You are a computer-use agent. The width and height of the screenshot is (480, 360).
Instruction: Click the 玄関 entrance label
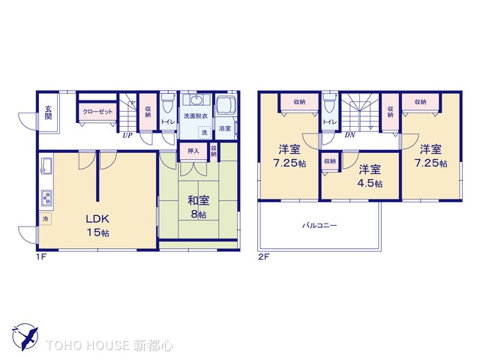click(x=47, y=112)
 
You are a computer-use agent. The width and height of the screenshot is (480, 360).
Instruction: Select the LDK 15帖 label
click(x=97, y=224)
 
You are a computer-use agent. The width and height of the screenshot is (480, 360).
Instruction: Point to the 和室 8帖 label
click(x=197, y=206)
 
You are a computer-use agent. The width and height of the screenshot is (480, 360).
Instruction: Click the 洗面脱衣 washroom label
click(x=196, y=117)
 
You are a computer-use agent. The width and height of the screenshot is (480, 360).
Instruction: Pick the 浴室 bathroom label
click(x=225, y=129)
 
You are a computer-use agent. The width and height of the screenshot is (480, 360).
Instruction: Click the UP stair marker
click(x=129, y=136)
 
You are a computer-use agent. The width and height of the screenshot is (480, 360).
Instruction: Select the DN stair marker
click(x=350, y=136)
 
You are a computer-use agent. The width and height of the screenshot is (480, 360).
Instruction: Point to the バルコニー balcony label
click(x=319, y=225)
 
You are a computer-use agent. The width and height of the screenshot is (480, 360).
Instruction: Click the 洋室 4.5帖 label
click(x=369, y=175)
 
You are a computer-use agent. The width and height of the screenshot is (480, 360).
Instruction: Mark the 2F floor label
click(x=263, y=257)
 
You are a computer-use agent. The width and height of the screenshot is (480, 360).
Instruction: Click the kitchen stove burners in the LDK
click(x=46, y=199)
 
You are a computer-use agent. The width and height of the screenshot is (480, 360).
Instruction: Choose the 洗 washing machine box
click(x=203, y=133)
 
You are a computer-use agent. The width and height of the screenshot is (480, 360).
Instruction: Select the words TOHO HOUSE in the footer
click(x=88, y=345)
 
